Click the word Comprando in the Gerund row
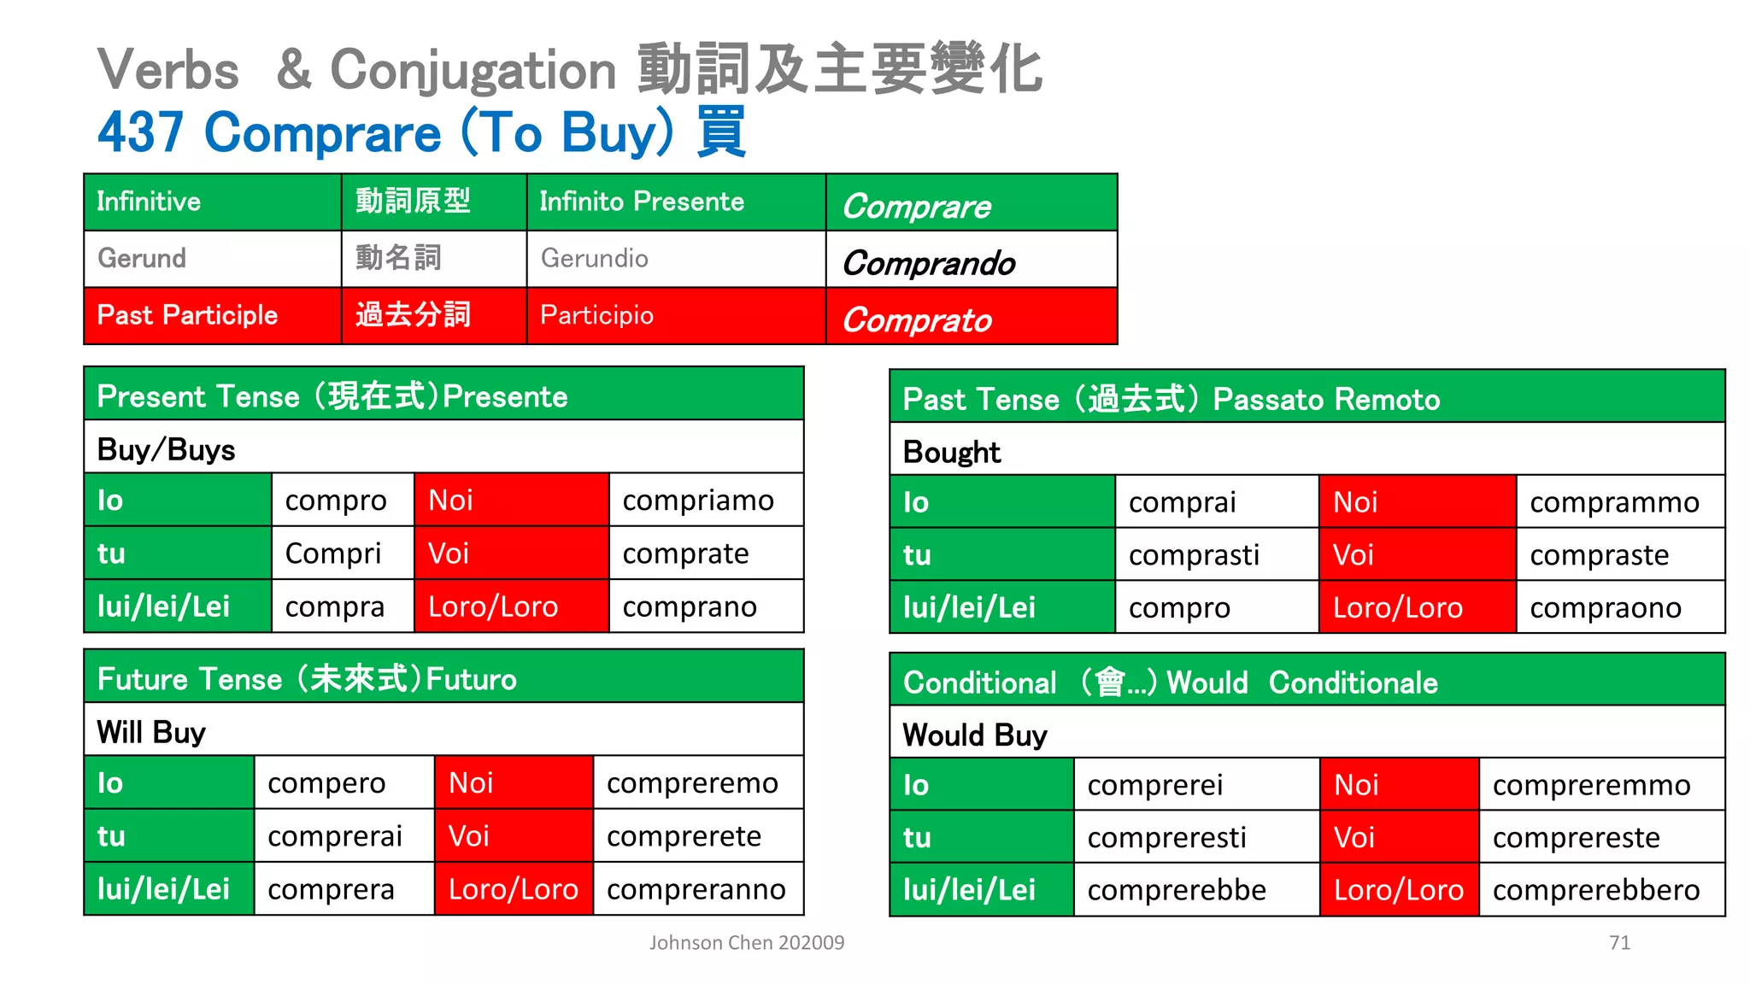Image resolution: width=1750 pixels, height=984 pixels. pos(929,263)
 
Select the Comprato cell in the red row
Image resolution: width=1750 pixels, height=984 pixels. pos(917,320)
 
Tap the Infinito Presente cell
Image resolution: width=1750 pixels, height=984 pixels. pos(642,202)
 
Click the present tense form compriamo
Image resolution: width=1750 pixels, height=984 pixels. pos(698,501)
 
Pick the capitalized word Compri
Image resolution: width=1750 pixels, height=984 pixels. pos(333,553)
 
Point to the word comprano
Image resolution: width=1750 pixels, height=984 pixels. pos(690,606)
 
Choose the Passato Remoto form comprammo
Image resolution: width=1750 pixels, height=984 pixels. pos(1614,502)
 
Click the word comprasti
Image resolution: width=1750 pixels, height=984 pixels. pos(1194,555)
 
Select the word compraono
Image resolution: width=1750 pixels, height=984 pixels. pos(1606,608)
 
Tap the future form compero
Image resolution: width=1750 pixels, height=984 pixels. pos(326,783)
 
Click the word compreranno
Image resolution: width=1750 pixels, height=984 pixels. pos(696,889)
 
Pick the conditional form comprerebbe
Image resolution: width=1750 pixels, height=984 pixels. pos(1177,890)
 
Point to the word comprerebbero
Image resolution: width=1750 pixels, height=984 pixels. pos(1596,890)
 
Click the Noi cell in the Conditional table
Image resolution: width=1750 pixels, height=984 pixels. pos(1356,785)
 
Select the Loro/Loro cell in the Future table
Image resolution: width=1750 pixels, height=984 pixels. pos(514,889)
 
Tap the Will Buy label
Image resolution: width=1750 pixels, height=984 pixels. pos(151,732)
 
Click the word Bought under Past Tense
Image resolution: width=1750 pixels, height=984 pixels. pos(951,452)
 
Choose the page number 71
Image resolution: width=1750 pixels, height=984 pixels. pos(1619,942)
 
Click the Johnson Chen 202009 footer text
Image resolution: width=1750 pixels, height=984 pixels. pos(746,942)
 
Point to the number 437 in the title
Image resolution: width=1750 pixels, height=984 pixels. pos(140,132)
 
